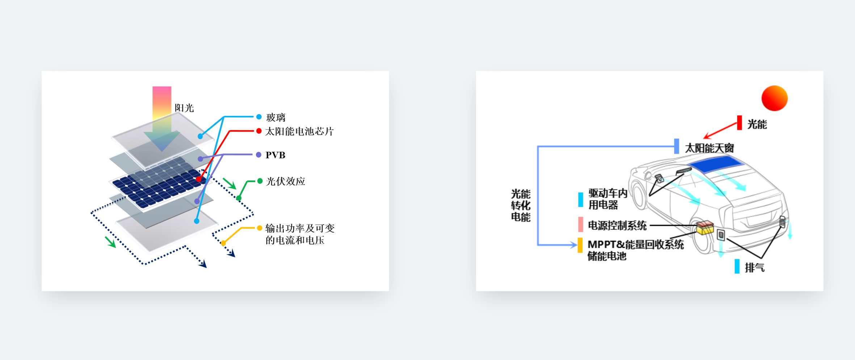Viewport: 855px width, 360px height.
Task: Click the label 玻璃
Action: point(275,117)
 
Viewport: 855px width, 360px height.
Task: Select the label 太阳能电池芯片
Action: point(299,131)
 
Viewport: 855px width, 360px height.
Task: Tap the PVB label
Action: point(275,155)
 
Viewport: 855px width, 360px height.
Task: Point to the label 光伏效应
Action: point(286,181)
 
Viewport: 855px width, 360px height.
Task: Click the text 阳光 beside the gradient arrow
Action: point(184,108)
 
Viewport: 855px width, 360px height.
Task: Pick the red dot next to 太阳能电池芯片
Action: point(259,131)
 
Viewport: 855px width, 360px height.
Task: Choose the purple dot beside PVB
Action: point(258,155)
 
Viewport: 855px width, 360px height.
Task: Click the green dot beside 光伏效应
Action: point(260,181)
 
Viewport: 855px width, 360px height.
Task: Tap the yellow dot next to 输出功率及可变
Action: point(260,228)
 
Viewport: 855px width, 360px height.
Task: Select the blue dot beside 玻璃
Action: point(259,117)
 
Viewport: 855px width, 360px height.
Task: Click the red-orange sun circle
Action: point(775,98)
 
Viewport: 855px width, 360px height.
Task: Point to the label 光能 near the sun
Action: point(757,124)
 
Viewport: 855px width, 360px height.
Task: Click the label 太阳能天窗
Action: point(709,148)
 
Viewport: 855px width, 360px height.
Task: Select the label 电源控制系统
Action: point(617,225)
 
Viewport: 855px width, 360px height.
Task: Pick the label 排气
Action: point(755,268)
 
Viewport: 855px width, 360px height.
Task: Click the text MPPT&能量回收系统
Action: point(636,244)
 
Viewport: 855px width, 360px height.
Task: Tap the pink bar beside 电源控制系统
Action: point(581,225)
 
